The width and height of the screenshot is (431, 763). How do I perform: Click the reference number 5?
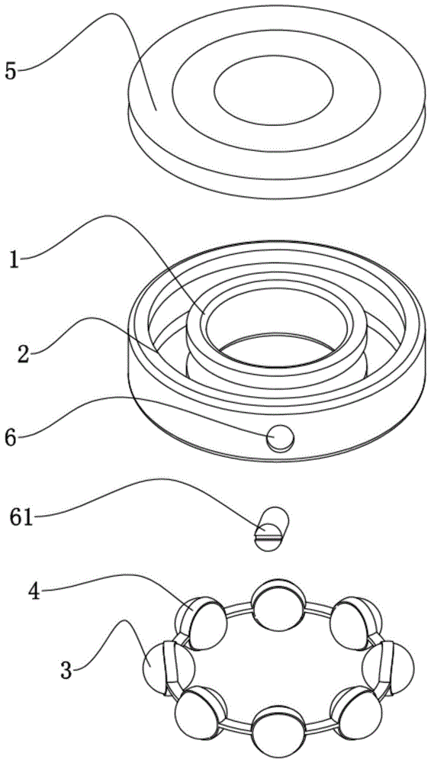tap(11, 71)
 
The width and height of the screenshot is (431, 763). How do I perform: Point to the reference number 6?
tap(11, 436)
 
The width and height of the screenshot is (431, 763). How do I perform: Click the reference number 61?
tap(21, 517)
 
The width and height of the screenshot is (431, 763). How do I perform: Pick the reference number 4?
tap(35, 593)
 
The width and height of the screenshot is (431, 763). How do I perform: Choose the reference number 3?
tap(66, 671)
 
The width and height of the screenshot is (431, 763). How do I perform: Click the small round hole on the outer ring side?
tap(281, 437)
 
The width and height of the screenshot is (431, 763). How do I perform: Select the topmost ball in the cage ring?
tap(278, 605)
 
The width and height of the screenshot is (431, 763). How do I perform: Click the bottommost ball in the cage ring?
tap(278, 732)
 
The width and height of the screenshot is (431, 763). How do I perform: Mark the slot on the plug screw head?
tap(269, 538)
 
